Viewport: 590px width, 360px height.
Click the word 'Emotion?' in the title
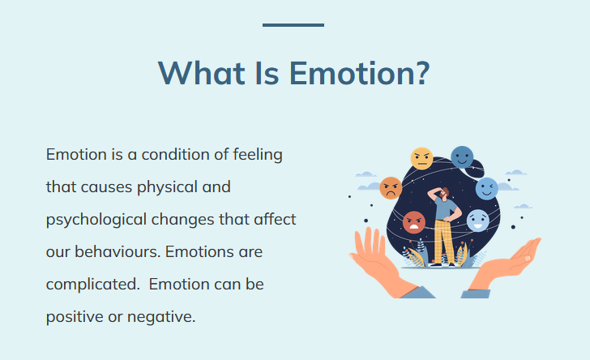[359, 73]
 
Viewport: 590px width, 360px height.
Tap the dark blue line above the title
[293, 25]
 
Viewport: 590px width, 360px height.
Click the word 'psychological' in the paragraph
[96, 220]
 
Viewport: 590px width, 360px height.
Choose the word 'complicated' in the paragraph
[92, 285]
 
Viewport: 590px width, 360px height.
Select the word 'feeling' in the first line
[258, 155]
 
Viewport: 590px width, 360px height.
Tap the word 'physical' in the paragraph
[168, 187]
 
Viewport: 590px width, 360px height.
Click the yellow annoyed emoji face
[421, 159]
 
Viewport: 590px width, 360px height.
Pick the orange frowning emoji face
[391, 188]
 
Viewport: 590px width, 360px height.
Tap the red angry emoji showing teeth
[414, 222]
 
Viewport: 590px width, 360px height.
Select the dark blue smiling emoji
[462, 157]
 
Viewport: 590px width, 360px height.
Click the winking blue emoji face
[486, 189]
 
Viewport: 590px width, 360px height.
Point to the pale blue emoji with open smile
[478, 221]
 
